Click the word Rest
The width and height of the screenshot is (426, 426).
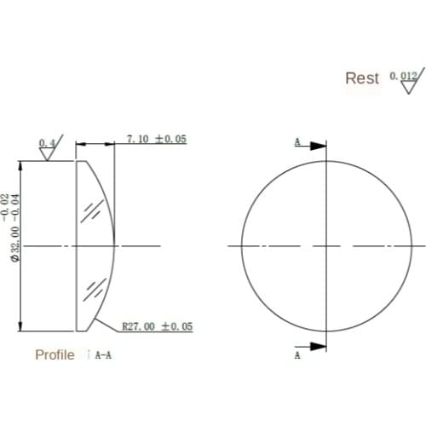tap(361, 78)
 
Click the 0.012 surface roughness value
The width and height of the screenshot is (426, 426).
tap(403, 76)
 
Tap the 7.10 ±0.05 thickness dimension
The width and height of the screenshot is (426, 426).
tap(156, 139)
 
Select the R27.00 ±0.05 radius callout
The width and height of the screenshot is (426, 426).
tap(158, 326)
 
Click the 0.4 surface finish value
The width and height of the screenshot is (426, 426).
tap(46, 141)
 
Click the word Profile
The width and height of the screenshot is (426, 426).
tap(55, 354)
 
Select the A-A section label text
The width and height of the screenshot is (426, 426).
tap(103, 355)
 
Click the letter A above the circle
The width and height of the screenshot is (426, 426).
tap(297, 141)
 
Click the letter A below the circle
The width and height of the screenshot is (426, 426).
tap(297, 356)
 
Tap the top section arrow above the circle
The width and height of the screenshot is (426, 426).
tap(316, 146)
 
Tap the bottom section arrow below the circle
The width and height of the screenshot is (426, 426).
tap(316, 345)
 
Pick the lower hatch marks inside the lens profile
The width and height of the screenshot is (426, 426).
tap(93, 288)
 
